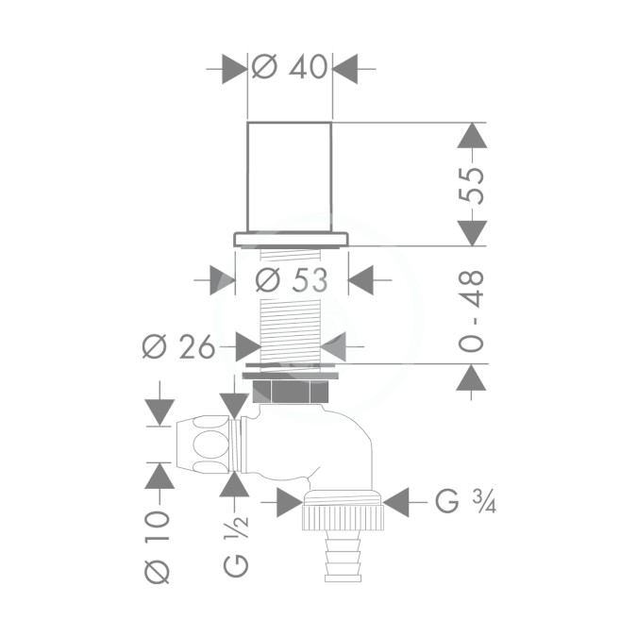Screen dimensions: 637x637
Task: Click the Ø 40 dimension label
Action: click(x=290, y=67)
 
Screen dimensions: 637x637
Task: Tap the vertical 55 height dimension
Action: click(x=471, y=185)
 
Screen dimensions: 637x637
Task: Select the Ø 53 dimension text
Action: click(x=292, y=280)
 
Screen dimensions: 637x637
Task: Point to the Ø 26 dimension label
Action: click(x=178, y=347)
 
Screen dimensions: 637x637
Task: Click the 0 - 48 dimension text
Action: click(x=471, y=310)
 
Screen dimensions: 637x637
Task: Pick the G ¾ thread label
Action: click(x=465, y=502)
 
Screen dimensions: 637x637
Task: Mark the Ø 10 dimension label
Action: click(x=157, y=547)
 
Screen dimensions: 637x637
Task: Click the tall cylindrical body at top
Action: click(x=290, y=176)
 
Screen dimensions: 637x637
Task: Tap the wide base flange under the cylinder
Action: click(x=291, y=240)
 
